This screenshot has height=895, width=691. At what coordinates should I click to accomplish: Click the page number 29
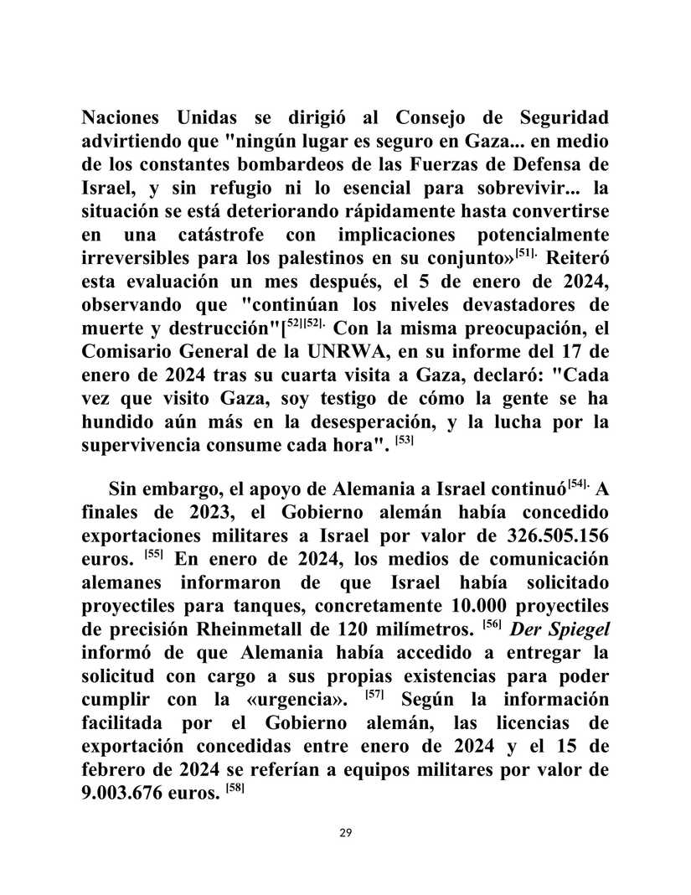[x=345, y=832]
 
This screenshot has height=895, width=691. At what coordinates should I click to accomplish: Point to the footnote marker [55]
[x=153, y=530]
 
